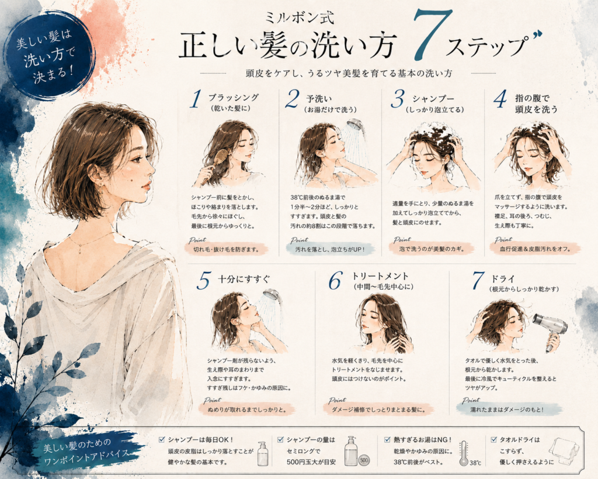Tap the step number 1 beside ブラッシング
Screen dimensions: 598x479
(x=195, y=99)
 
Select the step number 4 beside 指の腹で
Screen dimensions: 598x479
(x=500, y=99)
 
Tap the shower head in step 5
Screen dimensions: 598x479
(x=272, y=295)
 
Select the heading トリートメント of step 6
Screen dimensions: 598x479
(x=380, y=276)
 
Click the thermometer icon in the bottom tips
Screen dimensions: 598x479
(x=464, y=453)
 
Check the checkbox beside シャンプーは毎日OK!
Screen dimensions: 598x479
(x=162, y=440)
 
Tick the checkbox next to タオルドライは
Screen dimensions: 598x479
(x=494, y=440)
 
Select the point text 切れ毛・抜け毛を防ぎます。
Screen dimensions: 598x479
(x=226, y=249)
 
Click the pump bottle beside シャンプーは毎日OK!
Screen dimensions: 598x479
(x=263, y=454)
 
